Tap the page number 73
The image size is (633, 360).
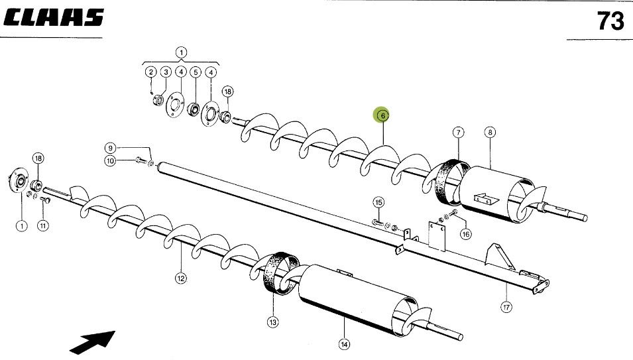coord(610,22)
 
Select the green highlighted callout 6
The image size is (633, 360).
coord(381,116)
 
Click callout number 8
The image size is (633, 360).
coord(490,132)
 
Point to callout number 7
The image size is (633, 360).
coord(458,132)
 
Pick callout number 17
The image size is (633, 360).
coord(508,306)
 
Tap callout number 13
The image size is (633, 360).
coord(273,322)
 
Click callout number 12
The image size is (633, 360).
coord(180,278)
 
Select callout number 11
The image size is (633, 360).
coord(42,225)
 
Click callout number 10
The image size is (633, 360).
coord(111,160)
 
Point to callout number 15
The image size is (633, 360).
coord(378,202)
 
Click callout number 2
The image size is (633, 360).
coord(150,72)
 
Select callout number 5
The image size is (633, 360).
coord(195,72)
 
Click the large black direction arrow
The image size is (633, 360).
coord(93,341)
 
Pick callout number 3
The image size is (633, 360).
coord(166,72)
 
